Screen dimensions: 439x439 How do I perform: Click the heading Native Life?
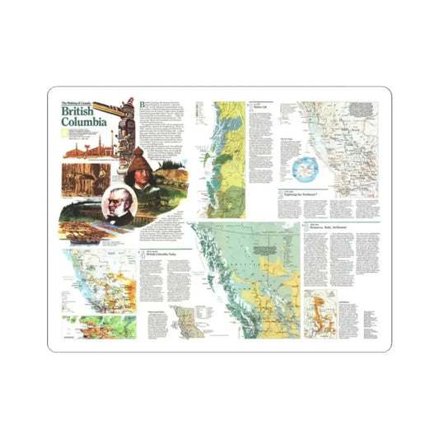coord(260,108)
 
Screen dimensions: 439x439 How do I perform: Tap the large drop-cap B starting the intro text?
coord(143,105)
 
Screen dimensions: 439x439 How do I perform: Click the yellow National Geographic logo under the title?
coord(63,132)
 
